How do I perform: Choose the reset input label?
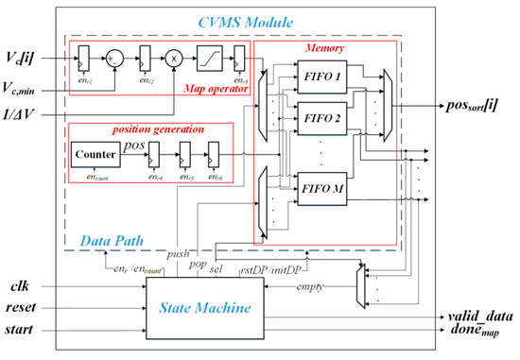pyautogui.click(x=26, y=305)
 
